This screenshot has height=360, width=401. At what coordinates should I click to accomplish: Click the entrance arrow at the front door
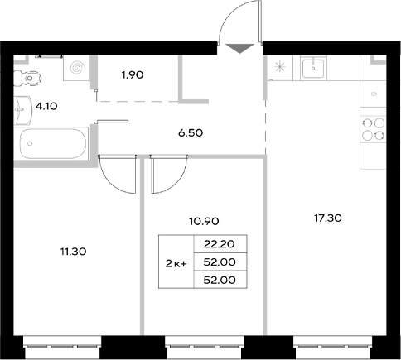(238, 47)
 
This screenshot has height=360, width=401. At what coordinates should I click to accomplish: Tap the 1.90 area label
(133, 75)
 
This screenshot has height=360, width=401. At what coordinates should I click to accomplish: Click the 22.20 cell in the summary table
(212, 243)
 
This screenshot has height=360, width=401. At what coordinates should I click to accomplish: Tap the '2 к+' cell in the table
(176, 262)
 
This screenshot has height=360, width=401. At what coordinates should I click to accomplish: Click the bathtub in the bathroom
(51, 144)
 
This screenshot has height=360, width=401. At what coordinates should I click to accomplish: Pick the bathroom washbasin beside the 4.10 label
(18, 105)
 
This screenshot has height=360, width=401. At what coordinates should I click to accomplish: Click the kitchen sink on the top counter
(314, 68)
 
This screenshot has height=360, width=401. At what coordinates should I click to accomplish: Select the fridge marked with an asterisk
(278, 68)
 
